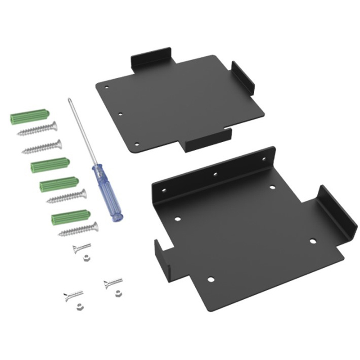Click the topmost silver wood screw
pos(38,129)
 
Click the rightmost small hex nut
pos(118,293)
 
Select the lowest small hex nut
pos(78,306)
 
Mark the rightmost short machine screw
pos(112,283)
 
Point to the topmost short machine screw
pos(82,248)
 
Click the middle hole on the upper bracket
pos(120,113)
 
